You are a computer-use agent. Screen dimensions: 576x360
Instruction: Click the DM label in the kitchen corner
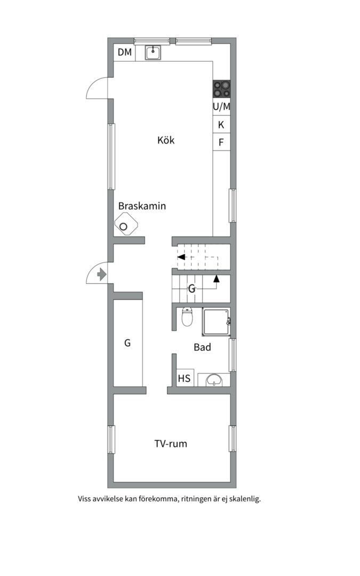coord(125,52)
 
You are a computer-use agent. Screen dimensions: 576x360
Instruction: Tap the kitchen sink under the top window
coord(154,52)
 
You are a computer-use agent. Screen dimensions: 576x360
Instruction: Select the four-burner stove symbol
coord(222,89)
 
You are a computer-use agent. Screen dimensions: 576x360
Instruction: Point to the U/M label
coord(222,107)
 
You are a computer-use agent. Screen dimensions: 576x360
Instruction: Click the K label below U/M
coord(221,125)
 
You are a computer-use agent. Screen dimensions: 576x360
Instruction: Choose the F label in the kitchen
coord(221,142)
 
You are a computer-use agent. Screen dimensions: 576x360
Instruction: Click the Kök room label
coord(166,141)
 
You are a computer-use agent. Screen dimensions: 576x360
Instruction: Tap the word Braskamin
coord(142,206)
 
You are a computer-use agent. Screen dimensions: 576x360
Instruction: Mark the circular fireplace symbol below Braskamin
coord(124,226)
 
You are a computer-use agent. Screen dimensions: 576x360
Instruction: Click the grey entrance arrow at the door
coord(102,275)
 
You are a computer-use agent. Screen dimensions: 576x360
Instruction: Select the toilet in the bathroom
coord(187,317)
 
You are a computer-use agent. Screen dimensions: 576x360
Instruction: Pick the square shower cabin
coord(216,322)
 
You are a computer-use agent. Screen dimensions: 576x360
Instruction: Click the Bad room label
coord(202,348)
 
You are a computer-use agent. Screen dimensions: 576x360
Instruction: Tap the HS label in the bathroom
coord(185,379)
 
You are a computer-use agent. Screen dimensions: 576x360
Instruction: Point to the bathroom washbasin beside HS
coord(214,380)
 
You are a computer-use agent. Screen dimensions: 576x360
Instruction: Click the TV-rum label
coord(171,444)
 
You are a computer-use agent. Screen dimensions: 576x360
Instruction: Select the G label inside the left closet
coord(127,343)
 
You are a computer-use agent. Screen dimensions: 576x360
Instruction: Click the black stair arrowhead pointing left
coord(181,257)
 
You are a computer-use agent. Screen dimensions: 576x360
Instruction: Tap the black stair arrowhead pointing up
coord(217,278)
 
